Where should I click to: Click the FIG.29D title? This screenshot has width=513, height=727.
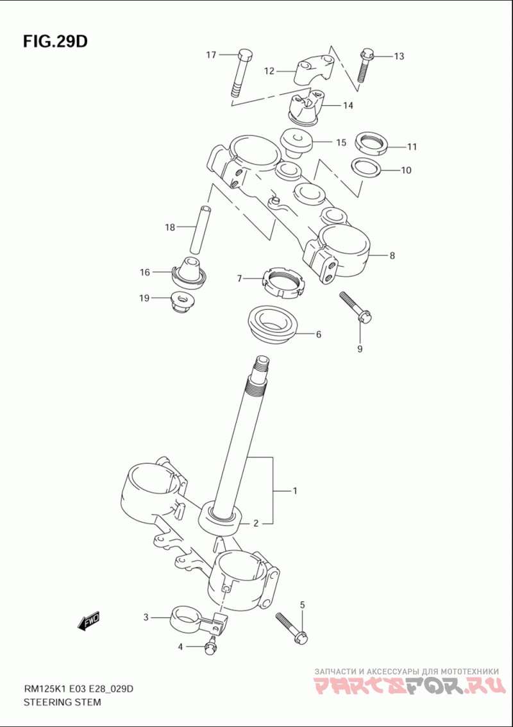click(x=55, y=42)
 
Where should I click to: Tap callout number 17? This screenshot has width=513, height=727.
click(x=211, y=55)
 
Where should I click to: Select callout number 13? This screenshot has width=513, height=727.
click(x=399, y=56)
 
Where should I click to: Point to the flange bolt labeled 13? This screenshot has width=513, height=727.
click(x=365, y=65)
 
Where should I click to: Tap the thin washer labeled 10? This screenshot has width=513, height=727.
click(x=366, y=168)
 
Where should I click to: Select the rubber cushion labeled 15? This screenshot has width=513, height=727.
click(x=296, y=142)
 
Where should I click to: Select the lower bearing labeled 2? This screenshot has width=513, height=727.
click(x=221, y=518)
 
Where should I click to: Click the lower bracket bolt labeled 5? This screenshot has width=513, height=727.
click(x=292, y=627)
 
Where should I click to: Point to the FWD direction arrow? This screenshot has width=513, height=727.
click(x=88, y=620)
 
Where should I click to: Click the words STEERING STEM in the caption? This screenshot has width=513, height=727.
click(x=62, y=702)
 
